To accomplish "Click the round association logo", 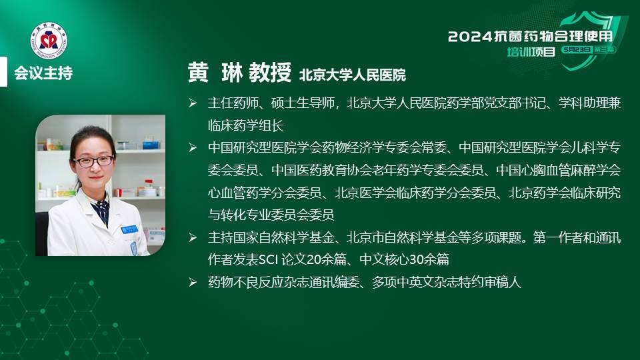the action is point(49,41).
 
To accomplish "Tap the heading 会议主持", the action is point(43,73).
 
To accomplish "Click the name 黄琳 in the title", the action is point(215,73).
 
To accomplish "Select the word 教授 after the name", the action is point(270,73).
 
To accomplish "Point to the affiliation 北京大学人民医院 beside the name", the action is point(353,75).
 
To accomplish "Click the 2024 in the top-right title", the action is point(470,37).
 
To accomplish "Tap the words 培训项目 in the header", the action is point(531,52).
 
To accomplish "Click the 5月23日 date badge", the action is point(576,50).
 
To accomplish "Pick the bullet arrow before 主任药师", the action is point(193,103).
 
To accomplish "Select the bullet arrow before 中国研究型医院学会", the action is point(193,147).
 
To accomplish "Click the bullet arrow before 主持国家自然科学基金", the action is point(193,237).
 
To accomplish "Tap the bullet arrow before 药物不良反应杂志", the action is point(193,282).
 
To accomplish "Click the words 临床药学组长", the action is point(246,125).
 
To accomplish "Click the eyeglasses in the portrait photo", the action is point(93,161).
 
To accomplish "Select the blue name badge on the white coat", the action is point(129,229).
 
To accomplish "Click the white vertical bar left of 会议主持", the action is point(4,71).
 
